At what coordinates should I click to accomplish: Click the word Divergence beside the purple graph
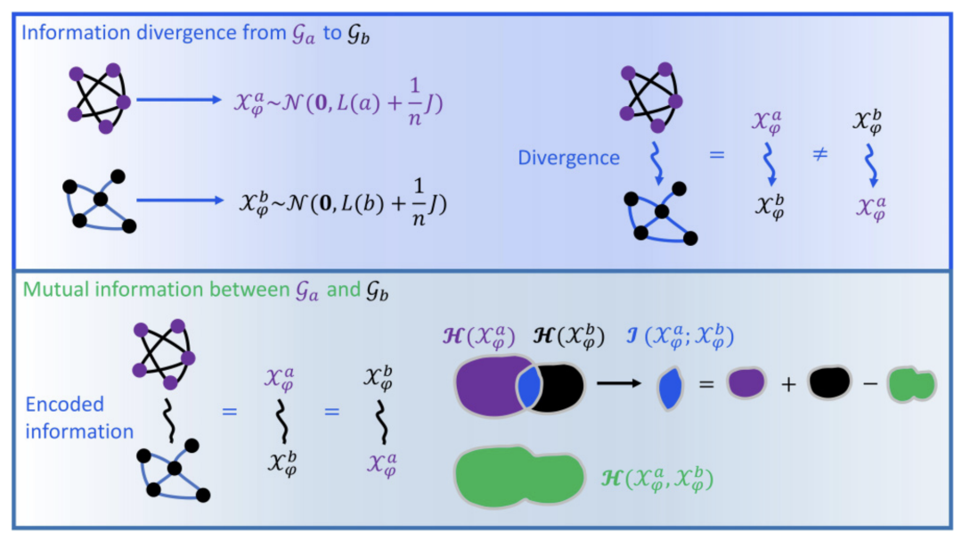568,158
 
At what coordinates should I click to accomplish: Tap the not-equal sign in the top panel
819,153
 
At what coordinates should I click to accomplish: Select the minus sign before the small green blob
870,384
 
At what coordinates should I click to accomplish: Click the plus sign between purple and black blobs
788,384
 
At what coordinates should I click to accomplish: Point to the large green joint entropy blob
519,477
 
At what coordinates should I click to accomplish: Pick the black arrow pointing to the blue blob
618,383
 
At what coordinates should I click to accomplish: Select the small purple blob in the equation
746,383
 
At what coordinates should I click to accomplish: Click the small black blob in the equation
829,382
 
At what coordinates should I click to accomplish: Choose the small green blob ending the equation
912,385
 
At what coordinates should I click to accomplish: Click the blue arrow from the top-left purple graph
178,100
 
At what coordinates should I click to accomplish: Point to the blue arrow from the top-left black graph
180,201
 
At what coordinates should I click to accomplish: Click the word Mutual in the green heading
53,290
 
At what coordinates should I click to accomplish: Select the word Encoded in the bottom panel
64,404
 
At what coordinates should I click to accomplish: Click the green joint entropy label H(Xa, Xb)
657,479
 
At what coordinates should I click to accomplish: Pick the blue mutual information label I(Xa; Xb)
680,336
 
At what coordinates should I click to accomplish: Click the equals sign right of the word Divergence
716,155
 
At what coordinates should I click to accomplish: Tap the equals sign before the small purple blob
706,385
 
